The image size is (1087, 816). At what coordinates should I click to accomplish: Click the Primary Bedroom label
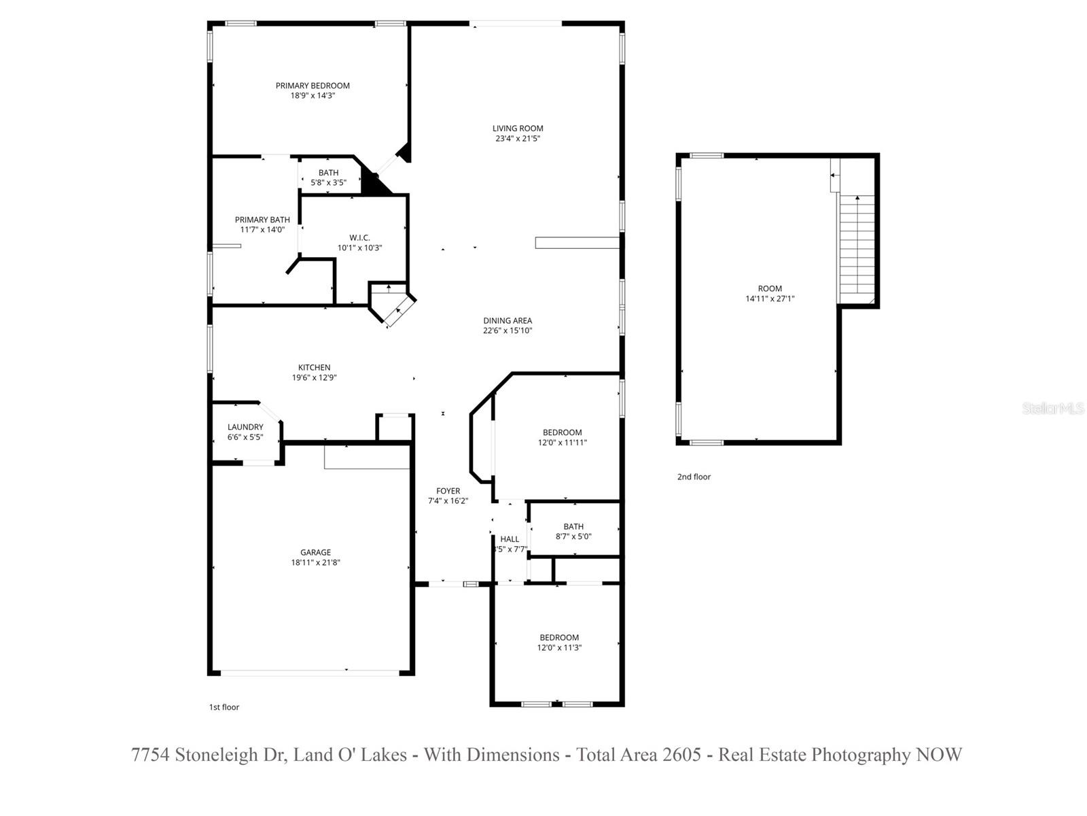click(x=313, y=86)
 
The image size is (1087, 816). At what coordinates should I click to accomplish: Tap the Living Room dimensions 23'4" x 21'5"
click(x=518, y=139)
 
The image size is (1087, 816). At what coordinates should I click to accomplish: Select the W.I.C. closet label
click(x=359, y=237)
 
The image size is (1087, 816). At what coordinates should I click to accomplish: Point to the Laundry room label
click(x=245, y=427)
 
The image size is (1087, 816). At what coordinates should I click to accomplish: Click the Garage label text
click(x=316, y=552)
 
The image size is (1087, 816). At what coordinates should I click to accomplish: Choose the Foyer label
click(x=448, y=491)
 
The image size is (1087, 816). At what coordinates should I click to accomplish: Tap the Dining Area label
click(x=507, y=320)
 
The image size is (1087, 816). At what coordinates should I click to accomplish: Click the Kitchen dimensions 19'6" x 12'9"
click(x=315, y=377)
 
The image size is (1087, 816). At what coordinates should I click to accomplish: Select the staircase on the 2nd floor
click(x=857, y=248)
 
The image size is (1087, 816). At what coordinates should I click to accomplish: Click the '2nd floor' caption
click(x=694, y=477)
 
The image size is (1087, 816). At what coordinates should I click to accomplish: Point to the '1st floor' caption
click(x=224, y=707)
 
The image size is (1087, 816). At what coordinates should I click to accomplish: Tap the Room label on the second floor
click(x=770, y=288)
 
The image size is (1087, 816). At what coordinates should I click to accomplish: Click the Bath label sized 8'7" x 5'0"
click(x=573, y=526)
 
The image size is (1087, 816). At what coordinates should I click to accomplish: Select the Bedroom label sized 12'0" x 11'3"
click(x=559, y=637)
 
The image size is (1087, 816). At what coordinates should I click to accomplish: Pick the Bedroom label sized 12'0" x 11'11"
click(x=562, y=432)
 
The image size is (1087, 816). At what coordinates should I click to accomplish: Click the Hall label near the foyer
click(x=510, y=539)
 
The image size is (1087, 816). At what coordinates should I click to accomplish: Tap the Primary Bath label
click(x=262, y=220)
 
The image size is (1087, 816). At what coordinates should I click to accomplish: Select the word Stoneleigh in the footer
click(x=219, y=755)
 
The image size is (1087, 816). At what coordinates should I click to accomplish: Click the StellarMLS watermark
click(x=1053, y=409)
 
